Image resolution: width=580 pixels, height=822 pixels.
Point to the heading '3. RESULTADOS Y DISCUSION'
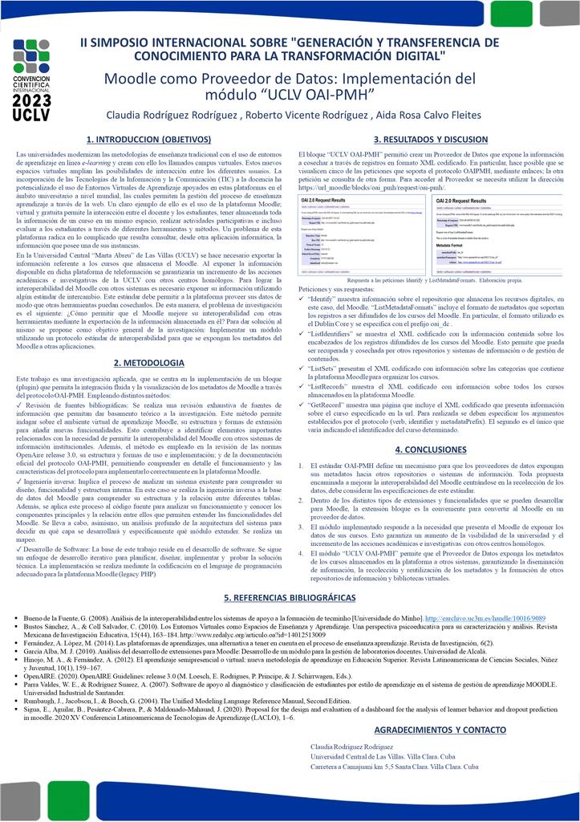click(430, 138)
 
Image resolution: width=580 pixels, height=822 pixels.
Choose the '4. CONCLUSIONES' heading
click(430, 450)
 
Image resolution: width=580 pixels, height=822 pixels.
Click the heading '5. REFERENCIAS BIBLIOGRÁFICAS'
click(289, 576)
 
